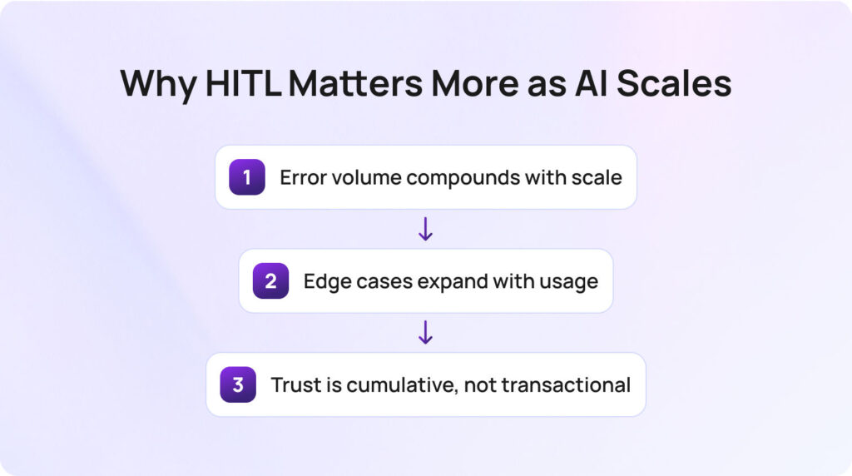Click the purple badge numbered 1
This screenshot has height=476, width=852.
247,177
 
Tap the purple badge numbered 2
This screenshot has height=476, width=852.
270,281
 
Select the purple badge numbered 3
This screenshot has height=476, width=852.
238,384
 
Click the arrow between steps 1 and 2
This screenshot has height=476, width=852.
425,229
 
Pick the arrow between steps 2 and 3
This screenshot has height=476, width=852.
425,333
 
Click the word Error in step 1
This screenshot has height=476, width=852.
301,177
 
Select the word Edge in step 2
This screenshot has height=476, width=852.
324,281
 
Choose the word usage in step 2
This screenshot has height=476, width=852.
570,281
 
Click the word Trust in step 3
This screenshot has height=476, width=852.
294,384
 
